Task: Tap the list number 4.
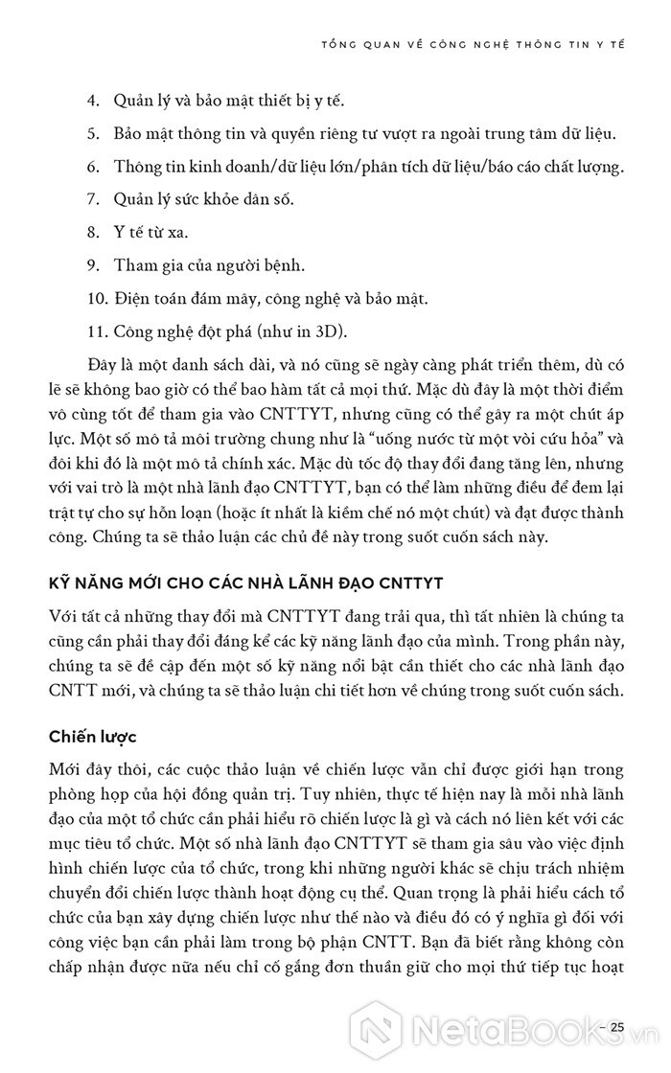[93, 101]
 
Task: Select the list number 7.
[93, 199]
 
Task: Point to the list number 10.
[96, 298]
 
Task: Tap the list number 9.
[93, 265]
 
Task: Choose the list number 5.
[93, 133]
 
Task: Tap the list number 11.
[96, 331]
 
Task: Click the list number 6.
[93, 167]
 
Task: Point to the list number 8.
[93, 232]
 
